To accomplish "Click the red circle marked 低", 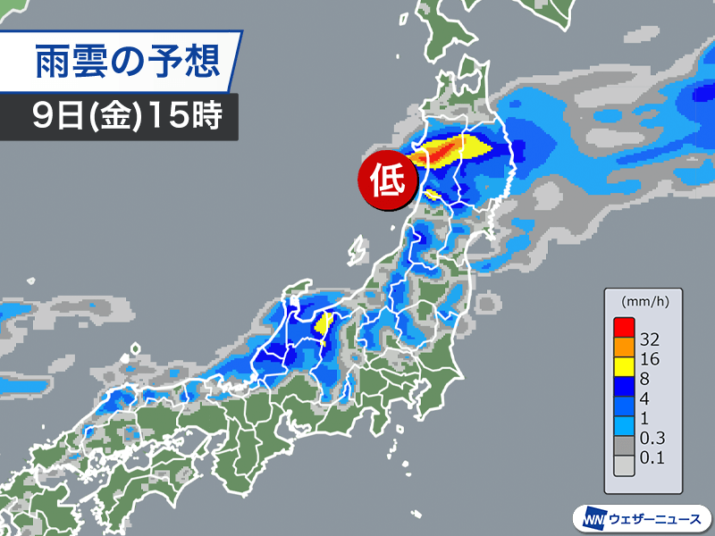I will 389,181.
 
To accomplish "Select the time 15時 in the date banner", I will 188,117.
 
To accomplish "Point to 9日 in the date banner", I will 53,117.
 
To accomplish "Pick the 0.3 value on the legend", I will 652,440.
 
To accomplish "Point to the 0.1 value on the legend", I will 652,459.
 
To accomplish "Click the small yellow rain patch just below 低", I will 433,194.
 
